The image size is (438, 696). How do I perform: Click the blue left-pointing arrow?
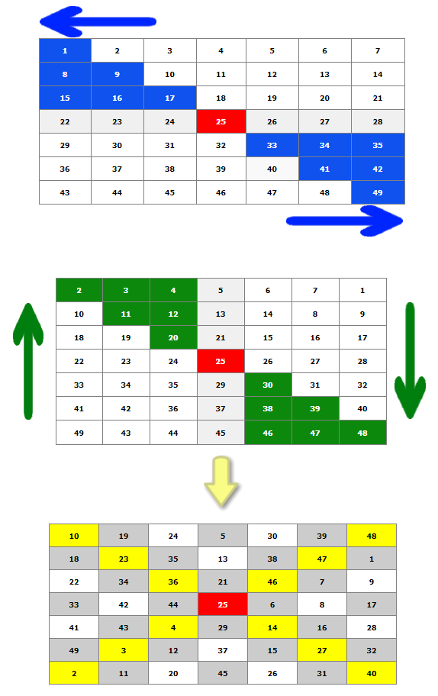[x=98, y=21]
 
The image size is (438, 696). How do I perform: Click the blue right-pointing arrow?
[x=344, y=221]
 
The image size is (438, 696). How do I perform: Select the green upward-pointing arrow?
[x=28, y=361]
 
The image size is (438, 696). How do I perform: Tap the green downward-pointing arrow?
[x=410, y=360]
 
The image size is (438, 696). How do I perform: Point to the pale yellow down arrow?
[x=221, y=481]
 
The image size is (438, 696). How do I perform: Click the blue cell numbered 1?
[x=65, y=50]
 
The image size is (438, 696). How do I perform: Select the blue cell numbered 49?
[x=378, y=192]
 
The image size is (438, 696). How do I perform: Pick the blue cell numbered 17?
[x=170, y=98]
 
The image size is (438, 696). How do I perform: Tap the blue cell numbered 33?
[x=272, y=145]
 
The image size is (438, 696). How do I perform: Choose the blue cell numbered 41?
[x=325, y=169]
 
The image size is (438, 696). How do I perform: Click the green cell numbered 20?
[x=173, y=338]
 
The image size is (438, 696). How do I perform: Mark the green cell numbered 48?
[x=362, y=433]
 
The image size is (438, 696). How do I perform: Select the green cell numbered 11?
[x=126, y=314]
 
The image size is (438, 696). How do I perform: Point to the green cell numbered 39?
[x=315, y=409]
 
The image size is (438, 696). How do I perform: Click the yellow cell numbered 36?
[x=173, y=582]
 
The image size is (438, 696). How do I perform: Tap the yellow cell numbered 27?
[x=322, y=650]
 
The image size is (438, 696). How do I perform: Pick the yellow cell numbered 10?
[x=74, y=536]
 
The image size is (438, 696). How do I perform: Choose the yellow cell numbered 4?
[x=173, y=627]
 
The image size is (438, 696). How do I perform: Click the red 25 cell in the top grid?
[x=221, y=121]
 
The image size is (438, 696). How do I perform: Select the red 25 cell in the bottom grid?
[x=223, y=604]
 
